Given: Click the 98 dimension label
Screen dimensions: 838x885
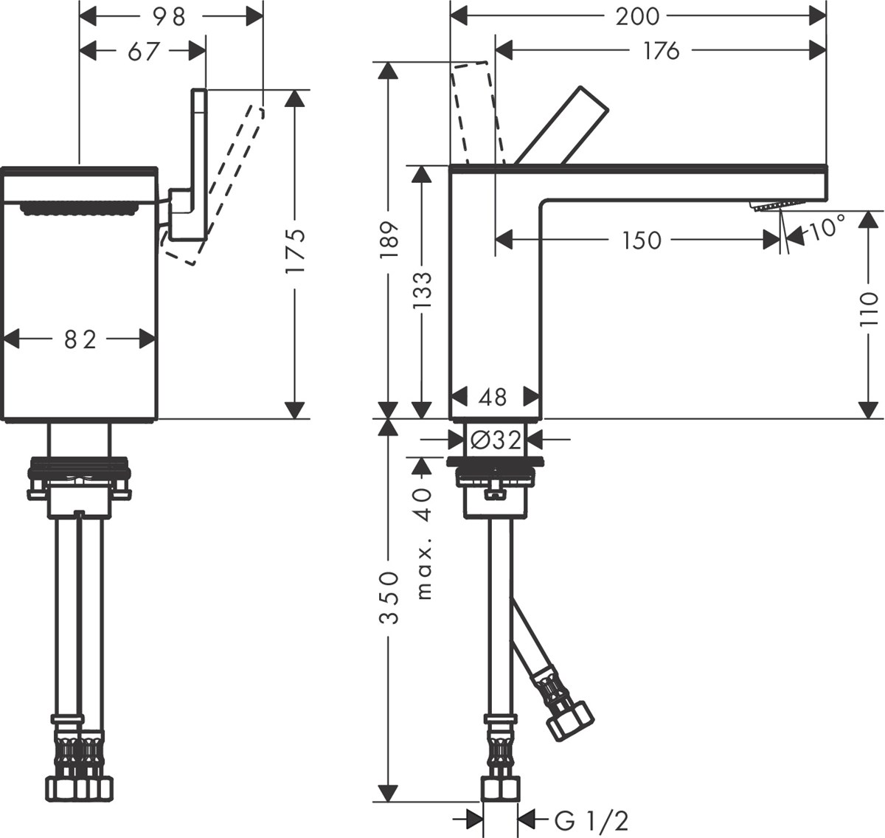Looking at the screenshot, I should click(169, 16).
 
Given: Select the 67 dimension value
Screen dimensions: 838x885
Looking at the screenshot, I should click(144, 51).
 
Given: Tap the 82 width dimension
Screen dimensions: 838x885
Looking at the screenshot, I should click(80, 339).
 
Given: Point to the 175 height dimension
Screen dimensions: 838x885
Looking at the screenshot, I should click(295, 251).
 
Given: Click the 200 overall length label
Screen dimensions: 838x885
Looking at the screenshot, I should click(637, 15).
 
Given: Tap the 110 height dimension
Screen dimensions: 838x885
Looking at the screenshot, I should click(869, 309).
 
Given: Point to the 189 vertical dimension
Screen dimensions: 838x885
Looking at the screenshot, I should click(388, 238).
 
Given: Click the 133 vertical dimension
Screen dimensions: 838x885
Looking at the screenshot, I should click(421, 291).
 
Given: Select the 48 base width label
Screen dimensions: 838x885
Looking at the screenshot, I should click(493, 397).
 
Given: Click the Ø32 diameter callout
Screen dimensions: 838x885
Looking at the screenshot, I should click(496, 440).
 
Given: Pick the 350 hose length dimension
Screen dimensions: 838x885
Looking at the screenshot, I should click(389, 598).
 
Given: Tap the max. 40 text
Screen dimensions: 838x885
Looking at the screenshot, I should click(423, 543).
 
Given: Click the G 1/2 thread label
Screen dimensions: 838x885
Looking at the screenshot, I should click(591, 820).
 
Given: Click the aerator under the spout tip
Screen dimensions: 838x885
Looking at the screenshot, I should click(775, 204).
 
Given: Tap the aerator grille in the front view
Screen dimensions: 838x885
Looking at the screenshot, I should click(80, 209).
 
